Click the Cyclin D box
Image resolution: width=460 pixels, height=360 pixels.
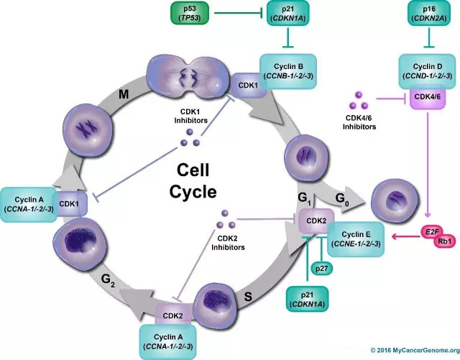[x=430, y=71]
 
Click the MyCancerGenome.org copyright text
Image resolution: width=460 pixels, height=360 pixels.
[x=412, y=350]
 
